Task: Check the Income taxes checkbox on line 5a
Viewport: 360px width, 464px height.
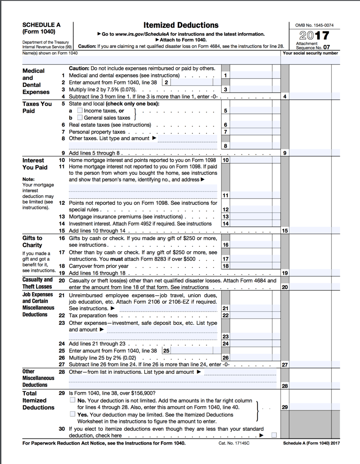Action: pyautogui.click(x=80, y=111)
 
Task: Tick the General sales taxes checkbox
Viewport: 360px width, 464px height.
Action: pyautogui.click(x=80, y=118)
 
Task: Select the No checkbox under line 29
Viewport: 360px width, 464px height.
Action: pyautogui.click(x=73, y=400)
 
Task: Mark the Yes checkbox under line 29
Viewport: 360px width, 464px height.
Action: pyautogui.click(x=73, y=414)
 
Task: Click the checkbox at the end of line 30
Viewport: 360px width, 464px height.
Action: pyautogui.click(x=274, y=435)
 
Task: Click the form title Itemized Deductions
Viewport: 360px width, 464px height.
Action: pyautogui.click(x=181, y=26)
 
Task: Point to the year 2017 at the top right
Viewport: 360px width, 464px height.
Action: pyautogui.click(x=314, y=36)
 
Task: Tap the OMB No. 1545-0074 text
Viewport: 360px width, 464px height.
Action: pyautogui.click(x=314, y=26)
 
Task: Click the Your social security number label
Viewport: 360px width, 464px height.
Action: pyautogui.click(x=310, y=53)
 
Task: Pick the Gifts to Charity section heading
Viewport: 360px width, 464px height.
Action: pyautogui.click(x=32, y=242)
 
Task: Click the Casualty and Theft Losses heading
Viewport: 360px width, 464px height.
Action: pyautogui.click(x=37, y=283)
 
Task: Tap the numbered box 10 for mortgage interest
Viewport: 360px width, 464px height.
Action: pyautogui.click(x=226, y=160)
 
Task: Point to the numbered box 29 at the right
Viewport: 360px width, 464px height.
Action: pyautogui.click(x=285, y=407)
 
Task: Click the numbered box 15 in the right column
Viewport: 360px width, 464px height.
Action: pyautogui.click(x=285, y=231)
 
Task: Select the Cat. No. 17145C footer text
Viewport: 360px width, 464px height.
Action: pyautogui.click(x=234, y=443)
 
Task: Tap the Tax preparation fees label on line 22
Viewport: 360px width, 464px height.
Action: pyautogui.click(x=93, y=316)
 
